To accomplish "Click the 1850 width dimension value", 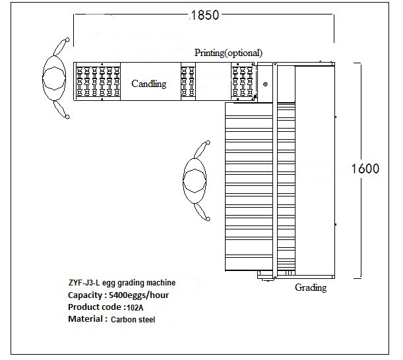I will (204, 15).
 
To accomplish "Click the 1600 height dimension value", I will (365, 168).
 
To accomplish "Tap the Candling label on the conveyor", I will (148, 84).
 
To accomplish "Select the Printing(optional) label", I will (228, 52).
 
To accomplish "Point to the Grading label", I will (310, 288).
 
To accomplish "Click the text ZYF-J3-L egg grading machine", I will (122, 283).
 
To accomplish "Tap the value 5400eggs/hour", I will (140, 295).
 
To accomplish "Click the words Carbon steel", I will (134, 320).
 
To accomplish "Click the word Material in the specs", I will (87, 319).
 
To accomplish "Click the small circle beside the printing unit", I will (265, 84).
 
